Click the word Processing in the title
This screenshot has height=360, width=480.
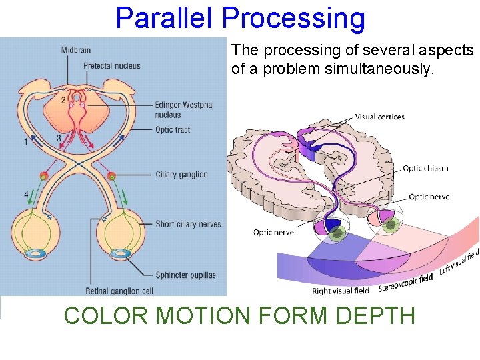tap(293, 18)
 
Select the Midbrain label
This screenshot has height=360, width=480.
tap(76, 50)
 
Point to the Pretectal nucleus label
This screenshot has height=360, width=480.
tap(111, 65)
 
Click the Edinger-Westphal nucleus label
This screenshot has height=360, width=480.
tap(184, 110)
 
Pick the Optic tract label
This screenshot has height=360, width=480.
tap(173, 129)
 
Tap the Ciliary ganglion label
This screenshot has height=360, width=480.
tap(181, 175)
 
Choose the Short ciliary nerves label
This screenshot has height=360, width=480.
tap(187, 224)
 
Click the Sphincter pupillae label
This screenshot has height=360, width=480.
tap(185, 275)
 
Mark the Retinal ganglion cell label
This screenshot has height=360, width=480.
tap(121, 291)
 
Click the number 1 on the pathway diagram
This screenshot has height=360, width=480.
tap(26, 141)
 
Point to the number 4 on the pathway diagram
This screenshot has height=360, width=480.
tap(26, 195)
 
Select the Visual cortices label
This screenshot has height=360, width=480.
tap(379, 117)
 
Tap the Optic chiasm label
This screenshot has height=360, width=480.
tap(425, 169)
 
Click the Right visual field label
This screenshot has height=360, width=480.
tap(341, 291)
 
